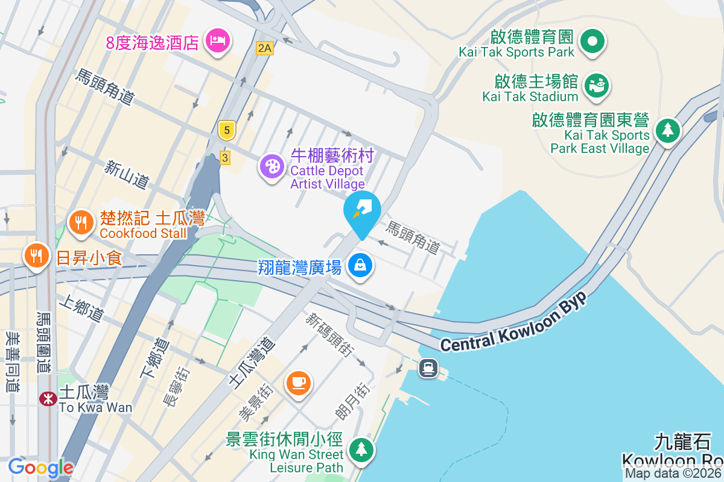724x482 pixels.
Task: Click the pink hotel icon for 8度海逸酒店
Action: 217,42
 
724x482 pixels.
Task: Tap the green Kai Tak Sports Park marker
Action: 592,42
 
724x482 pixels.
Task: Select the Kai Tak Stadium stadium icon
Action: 597,85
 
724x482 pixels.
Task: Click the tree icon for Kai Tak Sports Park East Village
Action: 667,130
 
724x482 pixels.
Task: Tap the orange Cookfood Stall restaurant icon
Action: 81,223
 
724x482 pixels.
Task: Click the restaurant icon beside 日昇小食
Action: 37,255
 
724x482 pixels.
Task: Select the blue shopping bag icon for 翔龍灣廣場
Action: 360,265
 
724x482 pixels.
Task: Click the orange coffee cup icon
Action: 298,382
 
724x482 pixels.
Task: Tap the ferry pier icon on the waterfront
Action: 428,367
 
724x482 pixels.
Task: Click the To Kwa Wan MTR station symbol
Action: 48,398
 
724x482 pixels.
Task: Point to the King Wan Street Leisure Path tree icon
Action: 361,450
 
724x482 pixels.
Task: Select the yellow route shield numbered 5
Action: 226,130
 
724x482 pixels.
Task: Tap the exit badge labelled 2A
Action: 264,48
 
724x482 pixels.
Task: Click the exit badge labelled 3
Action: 225,158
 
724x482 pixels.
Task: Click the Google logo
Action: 40,467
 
